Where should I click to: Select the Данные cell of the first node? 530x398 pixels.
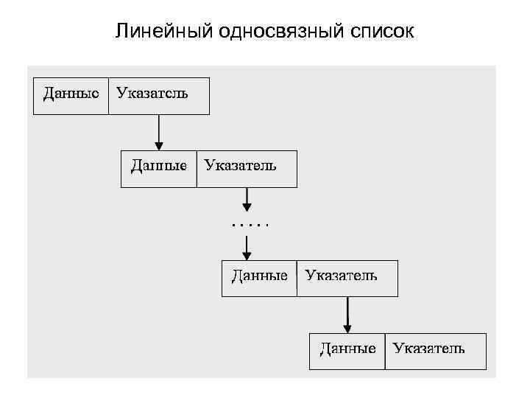click(71, 95)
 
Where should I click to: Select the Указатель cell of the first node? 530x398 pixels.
click(158, 95)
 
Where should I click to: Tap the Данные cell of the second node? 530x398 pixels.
click(158, 168)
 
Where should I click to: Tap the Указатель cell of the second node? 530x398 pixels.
click(246, 168)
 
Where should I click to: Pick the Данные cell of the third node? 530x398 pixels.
click(259, 277)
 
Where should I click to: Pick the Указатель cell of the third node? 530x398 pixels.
click(347, 277)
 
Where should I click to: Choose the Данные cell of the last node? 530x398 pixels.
click(347, 350)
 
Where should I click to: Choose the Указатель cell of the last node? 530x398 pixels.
click(434, 350)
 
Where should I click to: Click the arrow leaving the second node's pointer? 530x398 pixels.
click(247, 198)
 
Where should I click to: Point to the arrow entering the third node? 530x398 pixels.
click(247, 243)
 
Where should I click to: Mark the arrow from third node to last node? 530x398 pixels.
click(348, 313)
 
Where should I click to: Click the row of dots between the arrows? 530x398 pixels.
click(250, 223)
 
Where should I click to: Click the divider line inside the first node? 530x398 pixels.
click(108, 95)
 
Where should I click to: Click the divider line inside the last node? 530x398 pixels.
click(384, 350)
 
